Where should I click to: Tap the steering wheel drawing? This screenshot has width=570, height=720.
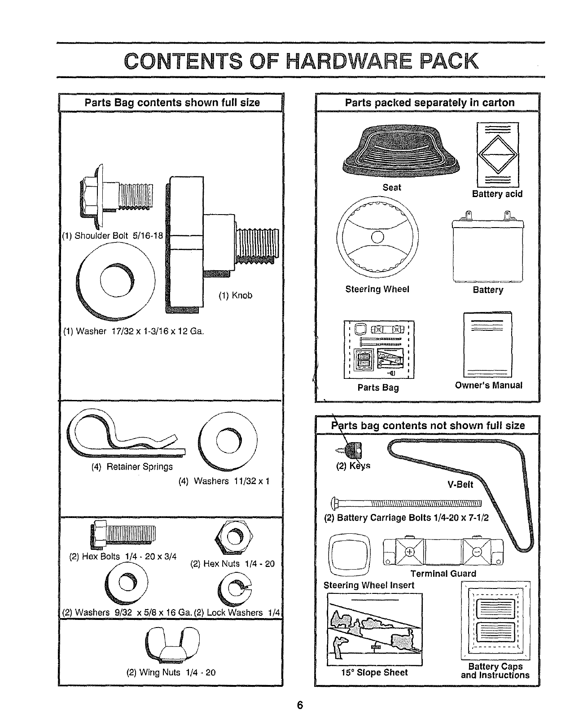pyautogui.click(x=377, y=237)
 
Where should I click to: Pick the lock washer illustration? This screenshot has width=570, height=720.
pyautogui.click(x=234, y=589)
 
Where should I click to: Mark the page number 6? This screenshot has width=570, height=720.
pyautogui.click(x=300, y=705)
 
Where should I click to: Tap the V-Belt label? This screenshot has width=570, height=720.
pyautogui.click(x=460, y=484)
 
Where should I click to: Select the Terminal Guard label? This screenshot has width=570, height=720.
pyautogui.click(x=443, y=573)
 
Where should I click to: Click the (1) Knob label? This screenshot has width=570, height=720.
pyautogui.click(x=235, y=295)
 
